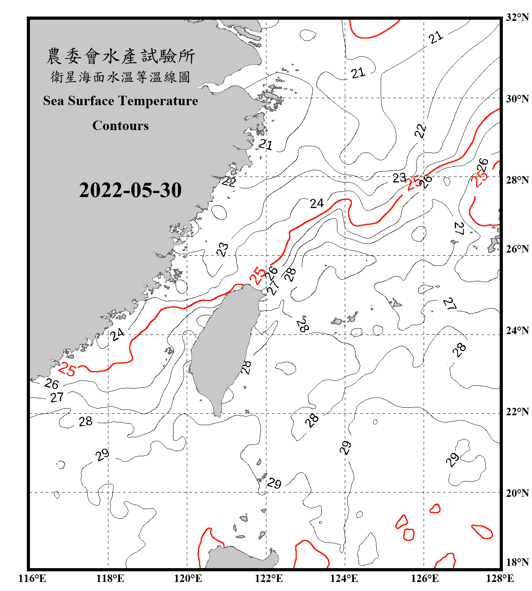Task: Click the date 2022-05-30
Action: (130, 190)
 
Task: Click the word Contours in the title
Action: (121, 126)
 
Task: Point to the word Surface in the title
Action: (91, 101)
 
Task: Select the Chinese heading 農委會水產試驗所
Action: (121, 56)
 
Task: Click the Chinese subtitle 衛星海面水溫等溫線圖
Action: (121, 77)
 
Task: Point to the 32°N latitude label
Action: (517, 17)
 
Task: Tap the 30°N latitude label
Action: (517, 99)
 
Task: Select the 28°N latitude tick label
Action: (517, 180)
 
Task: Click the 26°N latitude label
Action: (517, 249)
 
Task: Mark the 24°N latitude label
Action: (517, 331)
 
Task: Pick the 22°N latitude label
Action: (517, 412)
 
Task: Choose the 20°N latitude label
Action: (517, 493)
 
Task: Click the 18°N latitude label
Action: (517, 562)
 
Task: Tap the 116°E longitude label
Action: (32, 579)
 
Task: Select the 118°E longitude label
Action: (110, 579)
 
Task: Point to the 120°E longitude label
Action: (188, 579)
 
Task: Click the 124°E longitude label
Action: (344, 579)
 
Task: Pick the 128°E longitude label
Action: (500, 579)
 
